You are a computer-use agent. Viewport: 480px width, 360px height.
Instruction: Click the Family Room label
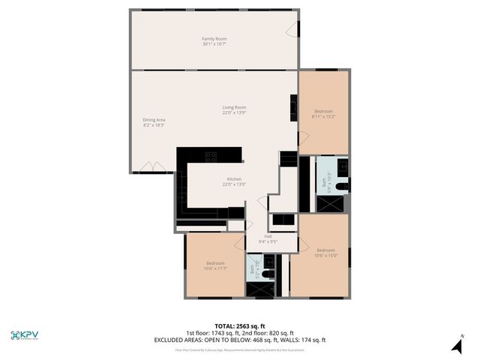click(x=214, y=38)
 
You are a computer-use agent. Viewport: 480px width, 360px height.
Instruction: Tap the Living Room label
click(x=234, y=107)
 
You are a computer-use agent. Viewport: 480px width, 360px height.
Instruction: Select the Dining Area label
click(x=154, y=119)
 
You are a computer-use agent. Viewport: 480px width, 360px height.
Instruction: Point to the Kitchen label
click(x=235, y=179)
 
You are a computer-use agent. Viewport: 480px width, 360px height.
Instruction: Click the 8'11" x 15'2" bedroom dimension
click(x=324, y=116)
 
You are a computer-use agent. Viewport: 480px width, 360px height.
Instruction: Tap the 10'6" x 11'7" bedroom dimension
click(x=216, y=268)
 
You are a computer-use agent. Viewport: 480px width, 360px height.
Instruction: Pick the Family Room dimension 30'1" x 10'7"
click(x=214, y=44)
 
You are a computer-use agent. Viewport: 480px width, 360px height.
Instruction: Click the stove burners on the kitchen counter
click(x=211, y=157)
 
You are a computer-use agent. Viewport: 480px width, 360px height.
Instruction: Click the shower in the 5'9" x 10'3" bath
click(x=329, y=202)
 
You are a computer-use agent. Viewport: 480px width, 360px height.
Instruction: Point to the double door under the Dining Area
click(x=151, y=166)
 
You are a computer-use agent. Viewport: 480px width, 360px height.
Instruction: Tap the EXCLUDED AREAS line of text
click(x=239, y=340)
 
